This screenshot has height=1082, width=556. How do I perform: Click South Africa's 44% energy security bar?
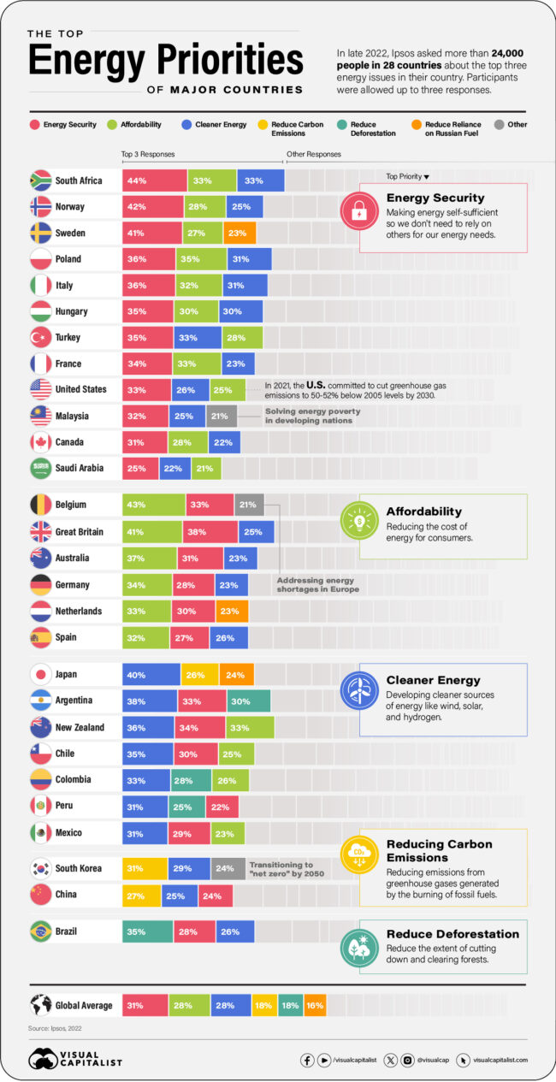click(154, 180)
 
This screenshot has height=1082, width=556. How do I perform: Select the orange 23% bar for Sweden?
click(240, 233)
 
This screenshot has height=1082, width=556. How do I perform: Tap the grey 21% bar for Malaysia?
click(222, 416)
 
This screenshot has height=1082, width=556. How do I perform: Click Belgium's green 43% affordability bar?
click(153, 505)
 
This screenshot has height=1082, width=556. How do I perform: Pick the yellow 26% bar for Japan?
click(199, 674)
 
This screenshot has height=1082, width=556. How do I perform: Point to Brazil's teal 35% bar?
click(147, 931)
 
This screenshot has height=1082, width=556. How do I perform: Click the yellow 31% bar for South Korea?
click(145, 868)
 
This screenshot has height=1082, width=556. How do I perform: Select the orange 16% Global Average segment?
click(315, 1006)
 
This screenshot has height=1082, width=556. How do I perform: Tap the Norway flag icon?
click(40, 207)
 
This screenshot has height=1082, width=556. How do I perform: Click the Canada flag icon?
click(40, 441)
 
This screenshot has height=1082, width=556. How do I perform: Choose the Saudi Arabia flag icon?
click(40, 468)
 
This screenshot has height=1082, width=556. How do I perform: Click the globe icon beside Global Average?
click(40, 1006)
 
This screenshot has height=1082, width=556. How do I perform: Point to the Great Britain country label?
click(79, 531)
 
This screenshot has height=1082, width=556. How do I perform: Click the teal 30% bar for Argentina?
click(248, 701)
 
